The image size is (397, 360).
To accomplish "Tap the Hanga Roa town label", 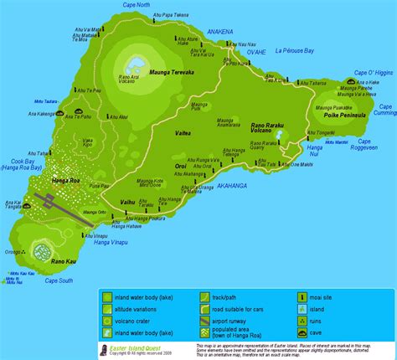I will click(x=41, y=180).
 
